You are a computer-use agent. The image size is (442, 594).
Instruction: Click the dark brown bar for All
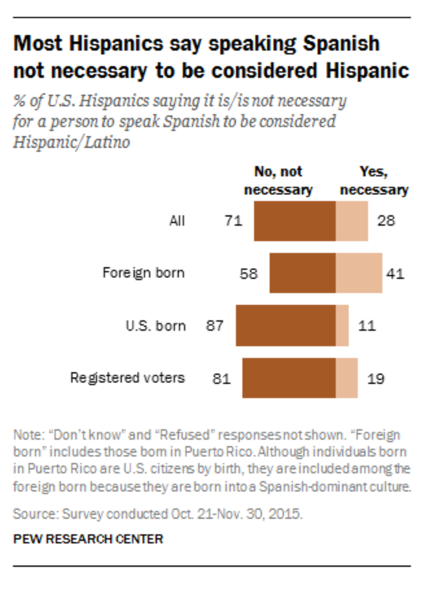pyautogui.click(x=295, y=221)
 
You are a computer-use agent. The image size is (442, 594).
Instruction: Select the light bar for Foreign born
pyautogui.click(x=358, y=273)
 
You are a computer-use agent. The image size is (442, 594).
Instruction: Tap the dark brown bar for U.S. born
pyautogui.click(x=286, y=326)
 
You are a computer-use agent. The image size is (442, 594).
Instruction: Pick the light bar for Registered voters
pyautogui.click(x=347, y=377)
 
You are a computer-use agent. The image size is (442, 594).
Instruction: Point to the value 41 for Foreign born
pyautogui.click(x=395, y=273)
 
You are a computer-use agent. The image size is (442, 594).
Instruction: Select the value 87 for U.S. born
pyautogui.click(x=215, y=326)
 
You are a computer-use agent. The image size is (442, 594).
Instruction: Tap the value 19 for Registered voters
pyautogui.click(x=375, y=377)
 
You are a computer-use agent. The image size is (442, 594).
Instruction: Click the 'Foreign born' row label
pyautogui.click(x=143, y=272)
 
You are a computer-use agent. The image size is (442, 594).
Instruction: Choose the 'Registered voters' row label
pyautogui.click(x=128, y=377)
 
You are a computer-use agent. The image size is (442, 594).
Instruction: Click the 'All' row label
pyautogui.click(x=176, y=220)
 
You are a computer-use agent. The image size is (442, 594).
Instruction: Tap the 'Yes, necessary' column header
pyautogui.click(x=374, y=181)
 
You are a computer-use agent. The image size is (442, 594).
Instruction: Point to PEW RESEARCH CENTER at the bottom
pyautogui.click(x=88, y=539)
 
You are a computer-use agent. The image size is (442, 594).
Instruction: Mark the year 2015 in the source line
pyautogui.click(x=287, y=515)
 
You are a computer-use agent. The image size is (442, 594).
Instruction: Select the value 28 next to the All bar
pyautogui.click(x=386, y=221)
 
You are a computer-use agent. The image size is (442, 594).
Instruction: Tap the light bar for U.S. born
pyautogui.click(x=342, y=326)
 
